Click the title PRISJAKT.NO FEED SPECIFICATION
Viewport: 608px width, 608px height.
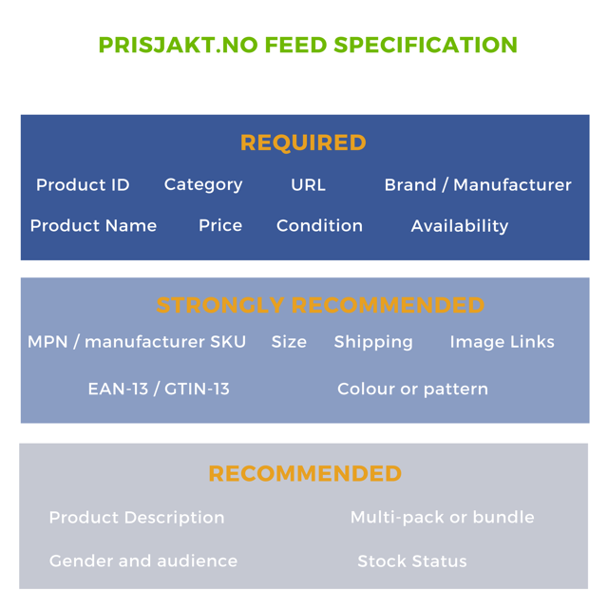click(308, 45)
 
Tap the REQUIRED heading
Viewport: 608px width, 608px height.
click(303, 142)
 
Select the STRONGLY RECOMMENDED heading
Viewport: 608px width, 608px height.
click(320, 305)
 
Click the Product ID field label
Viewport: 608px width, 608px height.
click(83, 184)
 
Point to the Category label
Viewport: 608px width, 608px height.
click(203, 184)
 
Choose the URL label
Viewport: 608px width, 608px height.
click(308, 184)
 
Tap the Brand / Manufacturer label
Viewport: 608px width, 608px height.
click(478, 184)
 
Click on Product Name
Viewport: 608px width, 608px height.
click(93, 225)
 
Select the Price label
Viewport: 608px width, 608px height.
click(220, 225)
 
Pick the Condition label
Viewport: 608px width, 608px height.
click(319, 225)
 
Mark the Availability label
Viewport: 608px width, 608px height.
click(460, 226)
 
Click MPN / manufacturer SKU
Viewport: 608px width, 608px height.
click(137, 342)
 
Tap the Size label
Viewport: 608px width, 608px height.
click(289, 342)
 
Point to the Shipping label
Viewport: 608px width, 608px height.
click(373, 342)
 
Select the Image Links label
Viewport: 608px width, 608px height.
click(502, 342)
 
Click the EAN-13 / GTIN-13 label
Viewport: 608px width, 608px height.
click(159, 389)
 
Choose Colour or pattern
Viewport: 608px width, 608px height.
click(412, 389)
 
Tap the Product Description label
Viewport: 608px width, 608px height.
click(137, 518)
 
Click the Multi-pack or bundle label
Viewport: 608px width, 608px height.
click(442, 518)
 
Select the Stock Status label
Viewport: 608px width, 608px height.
click(412, 561)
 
